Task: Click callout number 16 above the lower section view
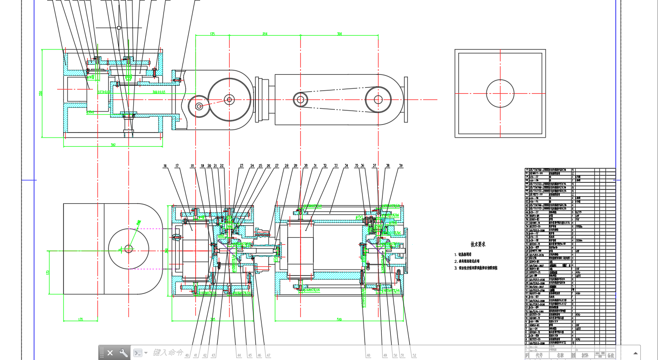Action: (x=165, y=166)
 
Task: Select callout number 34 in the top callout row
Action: (x=346, y=166)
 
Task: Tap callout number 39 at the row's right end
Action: (x=401, y=166)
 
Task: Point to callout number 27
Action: (x=276, y=166)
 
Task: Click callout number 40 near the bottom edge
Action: (x=187, y=355)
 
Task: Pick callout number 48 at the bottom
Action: (x=368, y=355)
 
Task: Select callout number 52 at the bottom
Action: (x=414, y=355)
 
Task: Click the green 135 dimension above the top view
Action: (x=213, y=34)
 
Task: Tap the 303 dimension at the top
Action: (x=340, y=34)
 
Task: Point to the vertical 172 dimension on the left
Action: (x=48, y=272)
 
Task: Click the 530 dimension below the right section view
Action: (x=339, y=319)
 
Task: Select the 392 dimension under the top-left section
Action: (x=113, y=145)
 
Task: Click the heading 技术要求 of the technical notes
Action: (x=478, y=244)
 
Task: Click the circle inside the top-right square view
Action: (x=500, y=93)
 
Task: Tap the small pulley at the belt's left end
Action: (x=300, y=100)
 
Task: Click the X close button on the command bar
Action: (x=110, y=353)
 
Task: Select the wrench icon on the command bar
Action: (x=123, y=353)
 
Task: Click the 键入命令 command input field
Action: (x=168, y=353)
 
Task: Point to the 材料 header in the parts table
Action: (x=585, y=355)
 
